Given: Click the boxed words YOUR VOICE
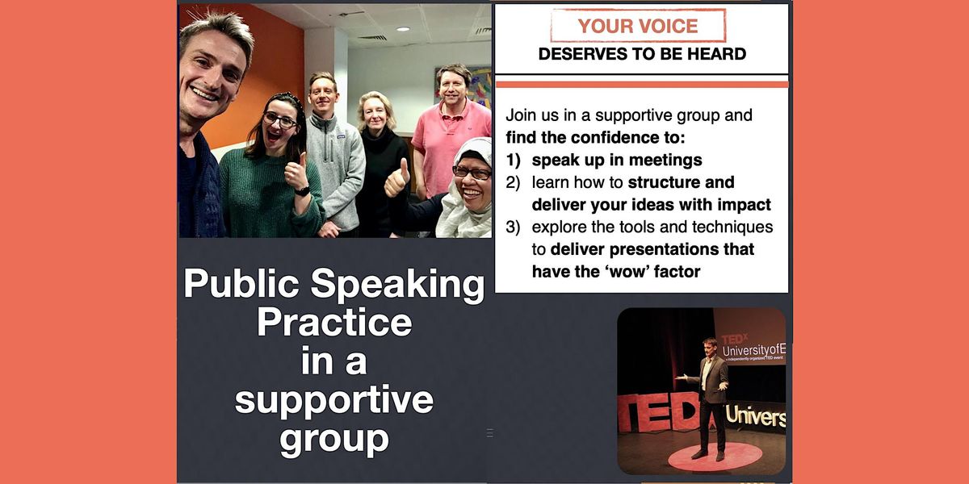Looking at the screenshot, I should [638, 26].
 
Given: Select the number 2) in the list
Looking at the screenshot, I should [514, 182].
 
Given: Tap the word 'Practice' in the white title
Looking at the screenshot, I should [334, 323].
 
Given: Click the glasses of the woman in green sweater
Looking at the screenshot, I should [279, 119].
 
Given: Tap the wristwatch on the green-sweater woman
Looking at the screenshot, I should [302, 191].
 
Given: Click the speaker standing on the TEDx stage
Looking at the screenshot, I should [711, 395].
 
